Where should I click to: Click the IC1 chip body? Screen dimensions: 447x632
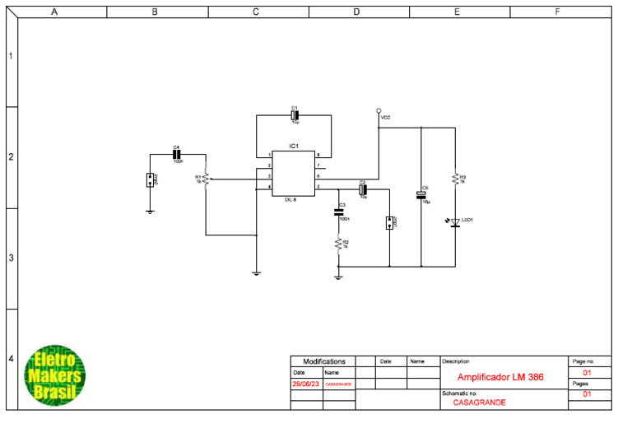click(293, 174)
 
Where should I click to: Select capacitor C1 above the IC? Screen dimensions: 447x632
click(295, 115)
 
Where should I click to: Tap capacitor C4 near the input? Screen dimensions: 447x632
click(176, 154)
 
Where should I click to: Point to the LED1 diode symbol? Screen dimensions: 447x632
click(454, 221)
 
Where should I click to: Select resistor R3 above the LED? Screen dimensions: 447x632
click(454, 179)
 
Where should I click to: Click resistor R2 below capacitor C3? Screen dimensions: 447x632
click(338, 243)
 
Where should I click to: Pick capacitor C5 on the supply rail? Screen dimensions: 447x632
click(421, 195)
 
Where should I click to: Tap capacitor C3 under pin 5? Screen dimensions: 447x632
click(338, 212)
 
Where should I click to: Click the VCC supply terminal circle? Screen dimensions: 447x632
click(379, 110)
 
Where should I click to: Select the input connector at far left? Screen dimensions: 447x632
click(150, 180)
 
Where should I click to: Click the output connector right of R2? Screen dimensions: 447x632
click(389, 223)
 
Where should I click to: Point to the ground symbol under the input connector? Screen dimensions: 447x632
click(150, 212)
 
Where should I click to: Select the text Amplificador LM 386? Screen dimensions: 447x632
click(500, 377)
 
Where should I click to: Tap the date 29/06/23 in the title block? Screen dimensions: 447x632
click(305, 384)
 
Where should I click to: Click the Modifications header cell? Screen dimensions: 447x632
click(324, 361)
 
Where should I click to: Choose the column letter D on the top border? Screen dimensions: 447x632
click(356, 12)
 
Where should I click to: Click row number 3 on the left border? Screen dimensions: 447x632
click(11, 258)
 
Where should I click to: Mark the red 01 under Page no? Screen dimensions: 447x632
click(588, 373)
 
